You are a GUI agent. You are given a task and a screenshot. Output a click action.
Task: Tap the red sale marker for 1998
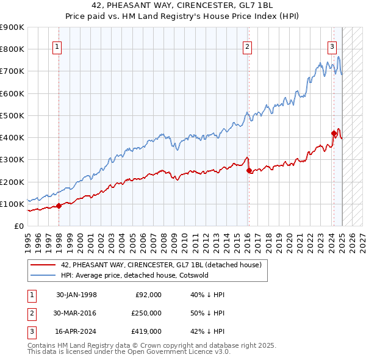(x=59, y=206)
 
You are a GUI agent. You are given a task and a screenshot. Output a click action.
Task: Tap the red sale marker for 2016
(x=249, y=171)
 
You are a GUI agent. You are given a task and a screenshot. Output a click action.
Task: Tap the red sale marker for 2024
(x=334, y=133)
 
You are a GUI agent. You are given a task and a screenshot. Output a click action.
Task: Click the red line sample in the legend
(x=43, y=265)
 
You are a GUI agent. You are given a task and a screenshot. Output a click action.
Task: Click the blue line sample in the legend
(x=43, y=275)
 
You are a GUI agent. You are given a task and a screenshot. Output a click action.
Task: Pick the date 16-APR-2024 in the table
(x=76, y=331)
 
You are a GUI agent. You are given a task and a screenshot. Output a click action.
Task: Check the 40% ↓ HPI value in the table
(x=207, y=295)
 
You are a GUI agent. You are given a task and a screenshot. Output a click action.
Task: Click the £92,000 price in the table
(x=148, y=295)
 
